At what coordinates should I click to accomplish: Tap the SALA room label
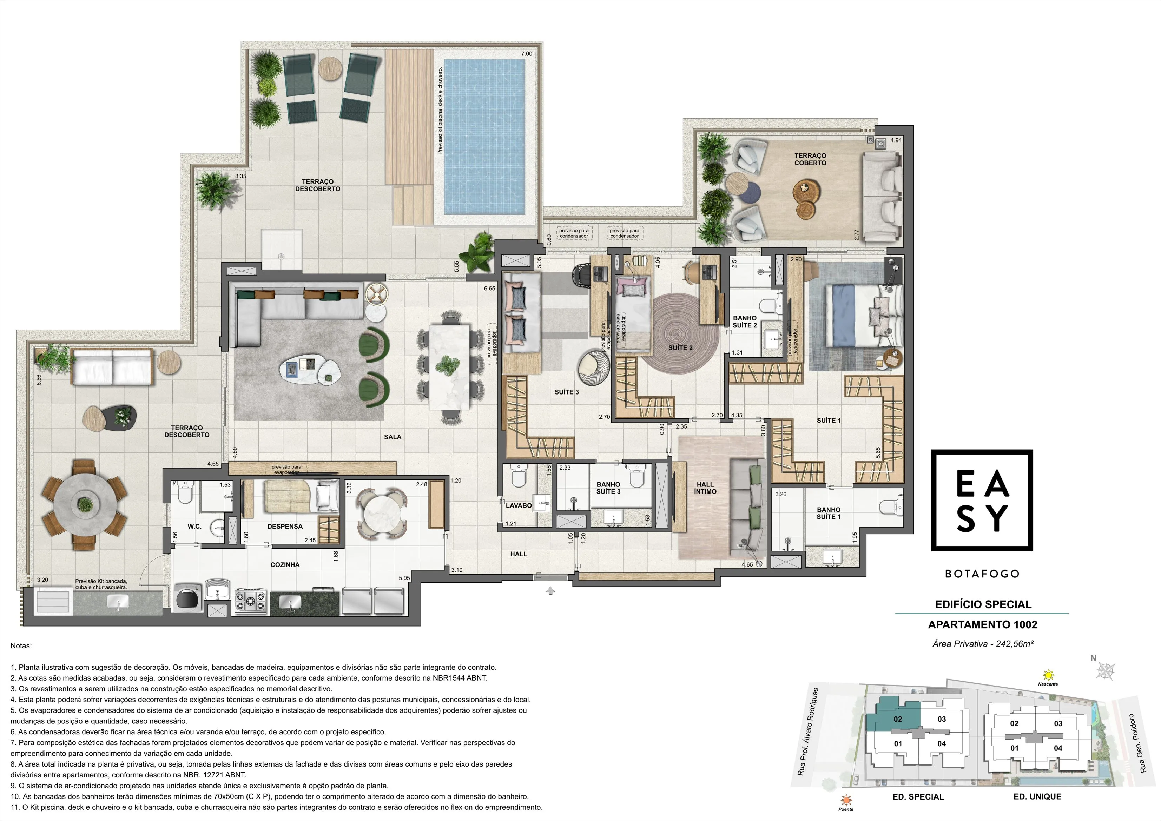[393, 437]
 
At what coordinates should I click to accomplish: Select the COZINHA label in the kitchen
[285, 565]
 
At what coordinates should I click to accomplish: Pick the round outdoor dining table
[85, 504]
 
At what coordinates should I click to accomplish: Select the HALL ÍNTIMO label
[705, 488]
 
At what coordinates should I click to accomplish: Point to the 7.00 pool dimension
[526, 54]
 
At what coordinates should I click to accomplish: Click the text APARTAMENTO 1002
[983, 624]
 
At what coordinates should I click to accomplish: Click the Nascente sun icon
[1048, 674]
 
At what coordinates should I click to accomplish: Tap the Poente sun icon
[845, 800]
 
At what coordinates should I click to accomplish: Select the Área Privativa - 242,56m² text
[983, 643]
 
